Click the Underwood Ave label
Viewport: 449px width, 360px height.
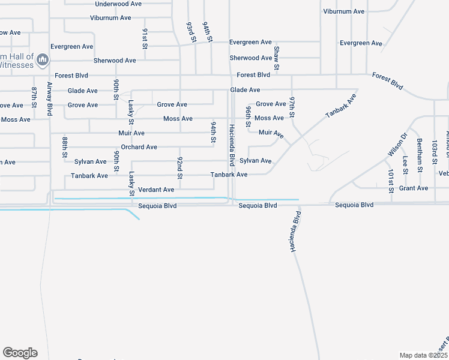(x=118, y=4)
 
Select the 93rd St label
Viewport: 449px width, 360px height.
(x=191, y=32)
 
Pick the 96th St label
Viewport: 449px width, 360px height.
(x=248, y=117)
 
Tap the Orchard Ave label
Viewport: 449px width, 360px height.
(x=139, y=147)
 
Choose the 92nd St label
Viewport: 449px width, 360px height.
(x=179, y=168)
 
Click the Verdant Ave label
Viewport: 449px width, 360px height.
(x=156, y=190)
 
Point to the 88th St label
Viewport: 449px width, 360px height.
(x=65, y=148)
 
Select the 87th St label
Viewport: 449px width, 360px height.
(x=34, y=98)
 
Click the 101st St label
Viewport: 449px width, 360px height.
(x=391, y=181)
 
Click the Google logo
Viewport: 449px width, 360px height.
(x=20, y=353)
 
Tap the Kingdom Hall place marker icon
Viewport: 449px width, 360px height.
(x=43, y=59)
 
